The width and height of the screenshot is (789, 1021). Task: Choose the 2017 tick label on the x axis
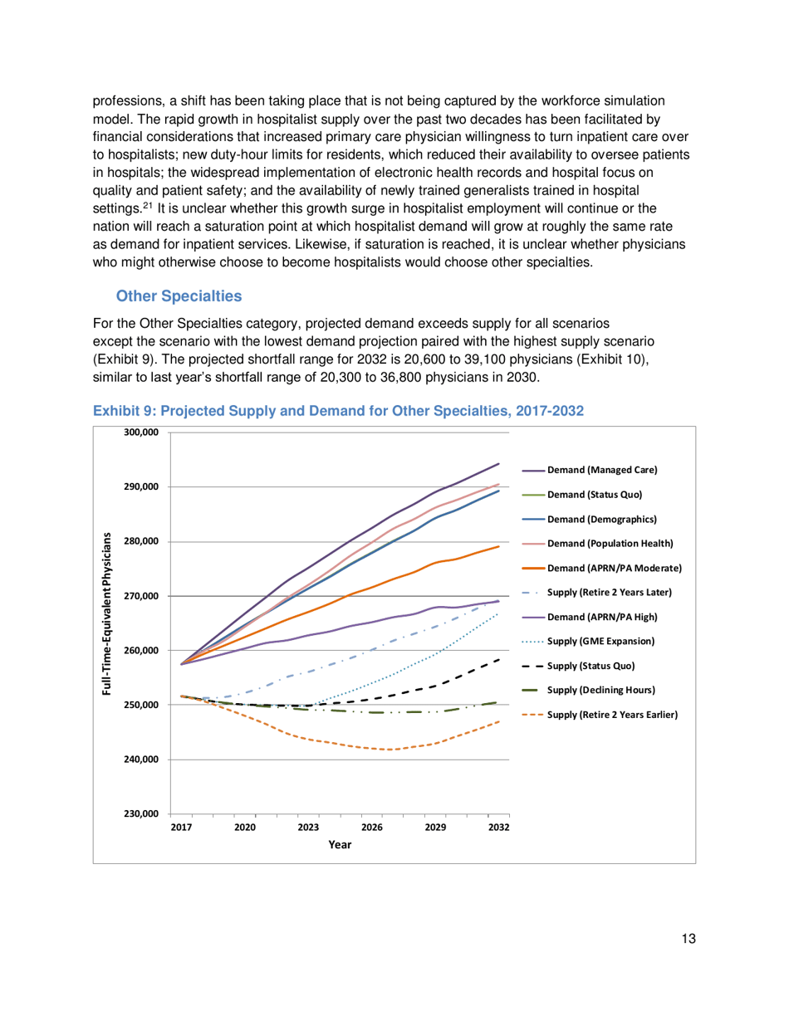pyautogui.click(x=181, y=828)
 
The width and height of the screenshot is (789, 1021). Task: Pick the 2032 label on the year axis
pyautogui.click(x=498, y=828)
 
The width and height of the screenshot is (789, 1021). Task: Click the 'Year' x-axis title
pyautogui.click(x=339, y=845)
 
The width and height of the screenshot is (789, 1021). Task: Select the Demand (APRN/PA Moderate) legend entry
pyautogui.click(x=614, y=568)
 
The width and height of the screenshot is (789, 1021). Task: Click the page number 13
pyautogui.click(x=685, y=939)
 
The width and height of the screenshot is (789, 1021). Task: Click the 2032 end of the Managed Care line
pyautogui.click(x=499, y=464)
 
